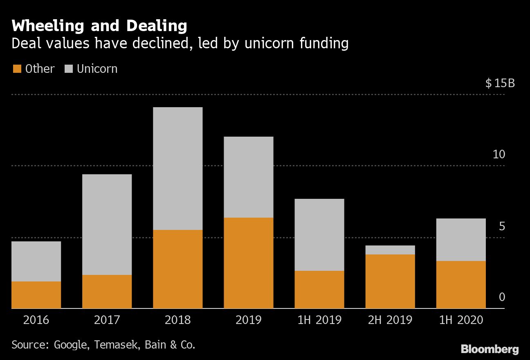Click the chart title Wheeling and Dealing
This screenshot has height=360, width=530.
tap(99, 26)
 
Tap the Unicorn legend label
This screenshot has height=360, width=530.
tap(97, 69)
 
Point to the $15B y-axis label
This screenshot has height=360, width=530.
tap(500, 83)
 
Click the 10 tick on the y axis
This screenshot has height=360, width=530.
tap(499, 155)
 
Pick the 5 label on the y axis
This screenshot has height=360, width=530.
tap(502, 226)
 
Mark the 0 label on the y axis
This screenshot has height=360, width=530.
tap(502, 297)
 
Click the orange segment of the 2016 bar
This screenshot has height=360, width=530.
tap(36, 295)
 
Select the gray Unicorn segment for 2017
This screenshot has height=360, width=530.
tap(107, 225)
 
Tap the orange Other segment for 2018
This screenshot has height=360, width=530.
tap(177, 269)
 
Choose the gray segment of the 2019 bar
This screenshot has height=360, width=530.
tap(248, 177)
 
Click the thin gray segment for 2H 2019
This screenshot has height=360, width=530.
tap(390, 250)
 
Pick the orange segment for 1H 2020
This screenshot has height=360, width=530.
tap(461, 284)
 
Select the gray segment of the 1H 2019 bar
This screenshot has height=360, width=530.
tap(319, 235)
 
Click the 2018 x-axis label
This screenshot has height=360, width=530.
tap(177, 319)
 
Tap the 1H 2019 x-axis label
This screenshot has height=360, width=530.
tap(319, 319)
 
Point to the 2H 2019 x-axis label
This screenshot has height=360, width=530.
tap(390, 319)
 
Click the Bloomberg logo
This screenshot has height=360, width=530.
tap(490, 349)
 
